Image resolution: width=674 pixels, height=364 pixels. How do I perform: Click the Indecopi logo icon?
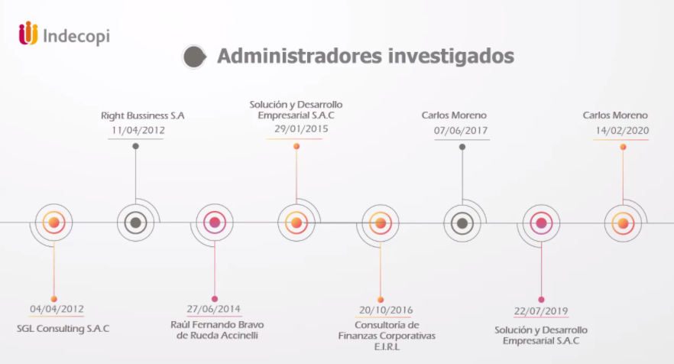(x=28, y=34)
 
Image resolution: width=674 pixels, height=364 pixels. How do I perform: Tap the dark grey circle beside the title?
(x=194, y=56)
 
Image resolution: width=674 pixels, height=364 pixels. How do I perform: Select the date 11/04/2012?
(x=138, y=130)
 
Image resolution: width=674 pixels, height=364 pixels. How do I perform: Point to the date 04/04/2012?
(x=57, y=310)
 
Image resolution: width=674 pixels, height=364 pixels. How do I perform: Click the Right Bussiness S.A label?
(x=143, y=115)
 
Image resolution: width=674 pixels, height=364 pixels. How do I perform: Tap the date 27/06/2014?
(x=215, y=310)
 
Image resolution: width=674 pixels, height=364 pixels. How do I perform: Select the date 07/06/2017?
(x=461, y=130)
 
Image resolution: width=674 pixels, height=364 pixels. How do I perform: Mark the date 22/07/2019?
(x=541, y=311)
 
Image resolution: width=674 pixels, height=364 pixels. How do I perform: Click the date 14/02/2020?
(x=622, y=130)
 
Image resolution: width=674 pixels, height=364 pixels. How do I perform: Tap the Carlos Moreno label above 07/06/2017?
(x=454, y=115)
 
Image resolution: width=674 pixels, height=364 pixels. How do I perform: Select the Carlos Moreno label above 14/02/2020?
(x=615, y=115)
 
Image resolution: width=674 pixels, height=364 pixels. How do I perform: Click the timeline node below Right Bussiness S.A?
(x=135, y=223)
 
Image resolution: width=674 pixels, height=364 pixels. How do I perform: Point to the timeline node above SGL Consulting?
(x=53, y=223)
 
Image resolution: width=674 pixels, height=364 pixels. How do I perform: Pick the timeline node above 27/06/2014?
(x=215, y=223)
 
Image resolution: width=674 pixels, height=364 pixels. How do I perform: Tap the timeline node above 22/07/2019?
(x=541, y=223)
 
